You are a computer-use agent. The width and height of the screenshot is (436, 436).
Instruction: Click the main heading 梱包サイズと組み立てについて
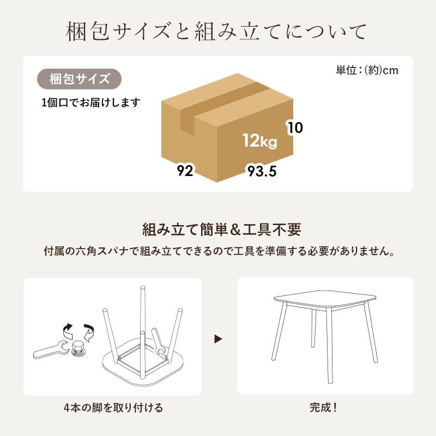point(217,32)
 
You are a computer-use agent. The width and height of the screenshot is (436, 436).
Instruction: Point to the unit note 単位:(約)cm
point(367,70)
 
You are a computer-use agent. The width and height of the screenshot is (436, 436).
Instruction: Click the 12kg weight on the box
point(260,141)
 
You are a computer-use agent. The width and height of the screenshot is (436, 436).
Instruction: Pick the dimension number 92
point(185,171)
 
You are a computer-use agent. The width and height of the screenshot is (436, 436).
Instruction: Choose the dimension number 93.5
point(262,172)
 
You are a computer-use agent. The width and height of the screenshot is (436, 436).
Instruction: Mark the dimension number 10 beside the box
point(295,128)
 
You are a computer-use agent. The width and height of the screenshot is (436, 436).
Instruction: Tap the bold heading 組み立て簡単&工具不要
point(221,229)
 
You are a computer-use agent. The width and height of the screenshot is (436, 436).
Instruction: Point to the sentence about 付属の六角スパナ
point(218,252)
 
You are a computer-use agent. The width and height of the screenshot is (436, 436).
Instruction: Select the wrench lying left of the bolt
point(50,350)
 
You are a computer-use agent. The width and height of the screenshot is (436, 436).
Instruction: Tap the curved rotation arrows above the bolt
point(77,330)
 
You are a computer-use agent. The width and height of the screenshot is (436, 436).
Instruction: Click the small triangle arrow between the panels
point(219,339)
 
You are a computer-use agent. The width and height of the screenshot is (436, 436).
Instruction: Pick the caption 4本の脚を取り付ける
point(112,407)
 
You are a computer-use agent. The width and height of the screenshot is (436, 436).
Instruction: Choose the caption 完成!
point(324,407)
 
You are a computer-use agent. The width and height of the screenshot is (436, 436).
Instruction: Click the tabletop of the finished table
point(325,299)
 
